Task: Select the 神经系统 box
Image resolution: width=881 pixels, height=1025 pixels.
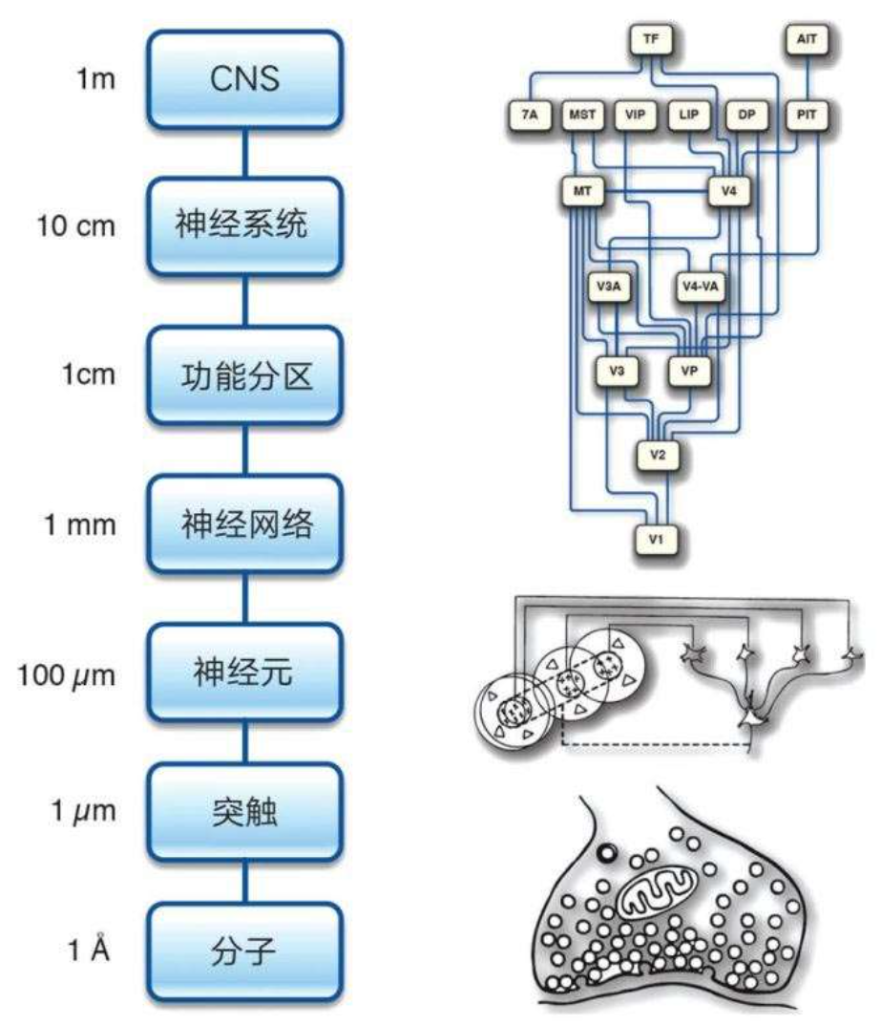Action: pyautogui.click(x=244, y=227)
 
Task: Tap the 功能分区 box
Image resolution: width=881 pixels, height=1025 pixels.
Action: pyautogui.click(x=244, y=375)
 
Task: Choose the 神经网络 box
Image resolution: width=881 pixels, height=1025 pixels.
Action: pyautogui.click(x=244, y=524)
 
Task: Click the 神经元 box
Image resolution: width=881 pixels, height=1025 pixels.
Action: pyautogui.click(x=244, y=673)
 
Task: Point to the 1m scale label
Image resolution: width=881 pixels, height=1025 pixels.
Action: pyautogui.click(x=94, y=78)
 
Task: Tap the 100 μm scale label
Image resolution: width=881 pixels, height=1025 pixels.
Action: pyautogui.click(x=67, y=675)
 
